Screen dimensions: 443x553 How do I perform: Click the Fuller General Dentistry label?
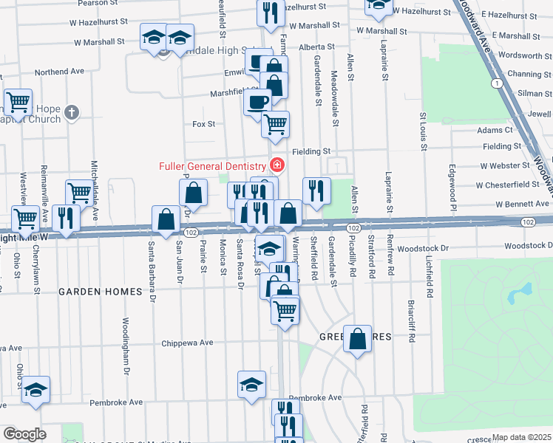coord(212,165)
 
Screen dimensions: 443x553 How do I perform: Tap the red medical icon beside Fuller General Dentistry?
coord(277,164)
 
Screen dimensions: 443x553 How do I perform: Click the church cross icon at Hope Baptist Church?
coord(70,112)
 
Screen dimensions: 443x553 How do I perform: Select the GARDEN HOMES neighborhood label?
coord(100,292)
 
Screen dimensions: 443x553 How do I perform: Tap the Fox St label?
coord(203,124)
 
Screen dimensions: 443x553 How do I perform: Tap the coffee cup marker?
coord(258,100)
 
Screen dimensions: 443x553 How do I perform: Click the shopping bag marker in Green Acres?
coord(357,339)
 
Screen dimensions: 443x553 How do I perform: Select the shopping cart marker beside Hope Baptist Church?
coord(18,101)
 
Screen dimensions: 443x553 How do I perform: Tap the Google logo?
coord(24,434)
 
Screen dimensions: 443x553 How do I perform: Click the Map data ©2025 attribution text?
coord(521,437)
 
